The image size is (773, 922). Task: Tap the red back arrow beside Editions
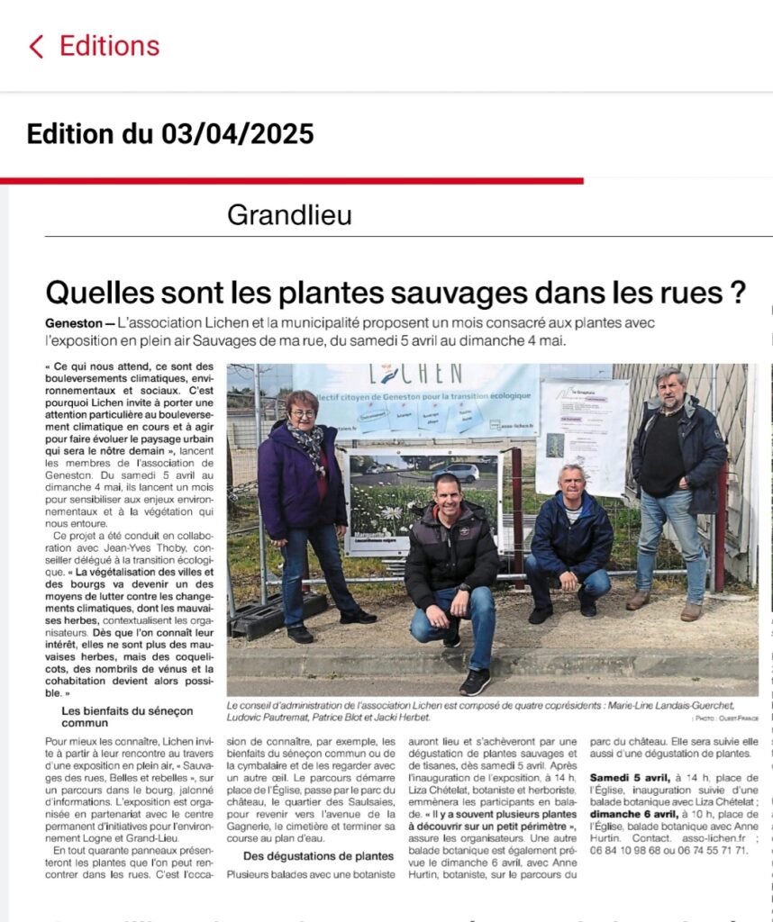click(36, 47)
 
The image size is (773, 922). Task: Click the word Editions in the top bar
click(109, 46)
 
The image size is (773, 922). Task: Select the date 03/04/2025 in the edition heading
click(238, 134)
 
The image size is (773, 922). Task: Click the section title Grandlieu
click(289, 215)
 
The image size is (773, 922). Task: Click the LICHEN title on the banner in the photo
click(429, 374)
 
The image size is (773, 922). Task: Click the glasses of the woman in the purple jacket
click(303, 413)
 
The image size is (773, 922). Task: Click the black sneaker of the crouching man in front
click(475, 682)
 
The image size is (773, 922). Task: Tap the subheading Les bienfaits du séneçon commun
click(127, 717)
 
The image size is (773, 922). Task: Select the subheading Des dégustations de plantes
click(318, 855)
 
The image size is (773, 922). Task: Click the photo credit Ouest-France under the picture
click(736, 718)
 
